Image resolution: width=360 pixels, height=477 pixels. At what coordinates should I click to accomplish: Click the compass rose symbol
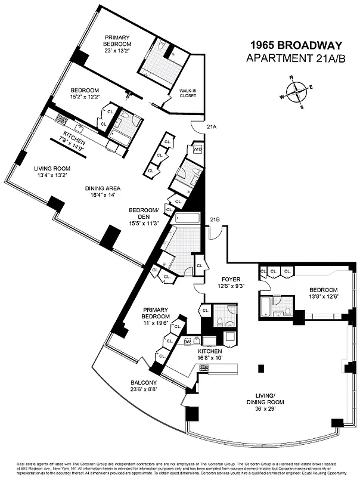(x=296, y=92)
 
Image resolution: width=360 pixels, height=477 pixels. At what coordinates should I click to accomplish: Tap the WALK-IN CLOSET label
(x=189, y=94)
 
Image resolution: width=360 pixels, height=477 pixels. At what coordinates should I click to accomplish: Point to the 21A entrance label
(x=212, y=127)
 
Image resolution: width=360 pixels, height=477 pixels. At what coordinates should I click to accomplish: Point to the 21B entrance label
(x=215, y=219)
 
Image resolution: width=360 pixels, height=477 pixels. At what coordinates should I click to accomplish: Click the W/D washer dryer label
(x=197, y=149)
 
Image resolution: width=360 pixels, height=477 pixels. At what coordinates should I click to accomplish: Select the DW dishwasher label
(x=187, y=341)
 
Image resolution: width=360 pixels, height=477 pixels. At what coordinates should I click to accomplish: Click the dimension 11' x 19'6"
(x=155, y=323)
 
